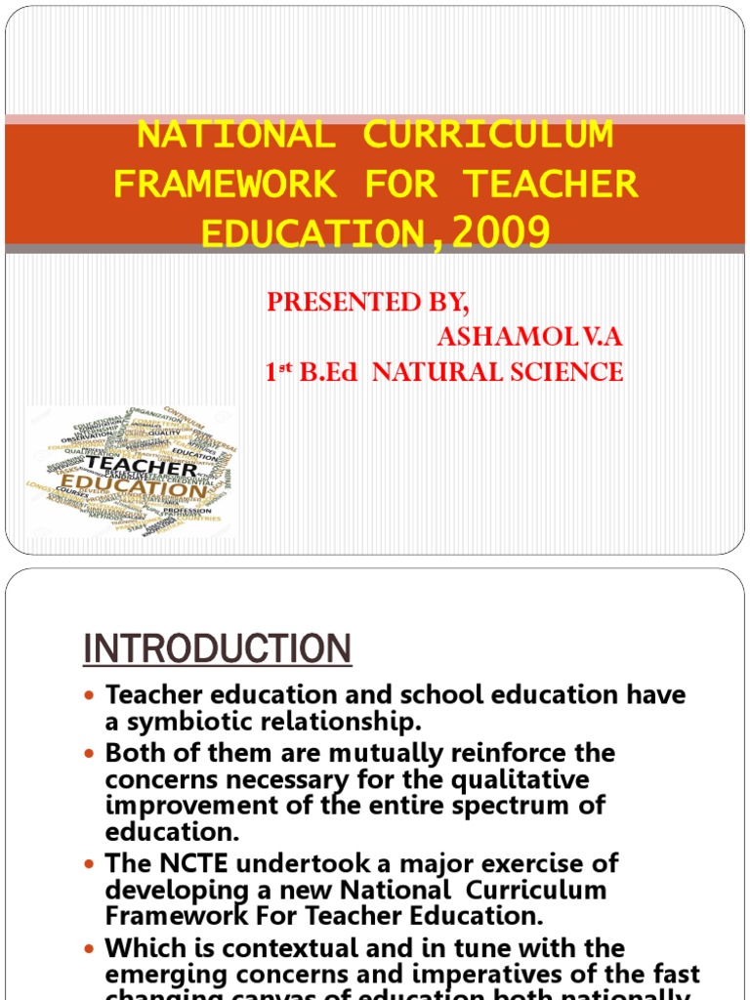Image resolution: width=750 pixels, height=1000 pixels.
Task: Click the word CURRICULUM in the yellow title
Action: click(x=489, y=136)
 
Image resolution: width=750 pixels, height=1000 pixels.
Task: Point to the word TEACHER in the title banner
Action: click(x=551, y=184)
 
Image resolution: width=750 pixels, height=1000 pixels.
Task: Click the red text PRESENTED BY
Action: click(x=368, y=303)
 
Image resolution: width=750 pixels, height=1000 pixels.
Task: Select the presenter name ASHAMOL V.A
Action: click(x=529, y=337)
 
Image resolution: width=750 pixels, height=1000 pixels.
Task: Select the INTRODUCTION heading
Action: click(x=217, y=648)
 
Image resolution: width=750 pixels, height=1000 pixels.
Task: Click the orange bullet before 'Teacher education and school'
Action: click(x=91, y=696)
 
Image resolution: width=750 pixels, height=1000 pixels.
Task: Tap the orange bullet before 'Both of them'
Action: click(x=91, y=755)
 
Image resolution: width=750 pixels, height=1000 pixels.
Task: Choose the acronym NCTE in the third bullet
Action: click(x=189, y=863)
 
